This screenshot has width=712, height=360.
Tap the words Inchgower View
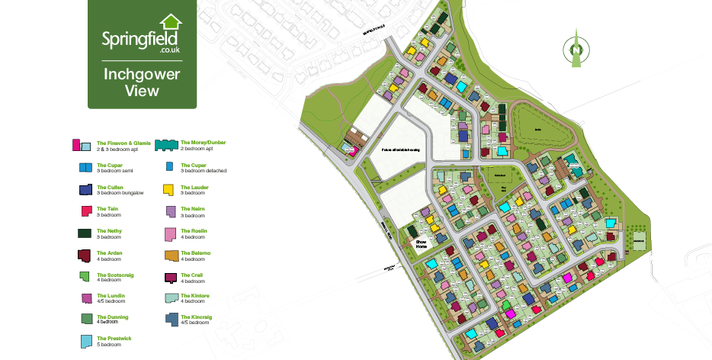[142, 82]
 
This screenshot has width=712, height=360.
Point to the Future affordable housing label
[401, 150]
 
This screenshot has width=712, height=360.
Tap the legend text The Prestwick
[112, 338]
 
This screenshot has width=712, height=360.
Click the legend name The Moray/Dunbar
[203, 142]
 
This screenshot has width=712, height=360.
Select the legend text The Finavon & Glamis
[118, 143]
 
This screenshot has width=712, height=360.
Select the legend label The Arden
[109, 252]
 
